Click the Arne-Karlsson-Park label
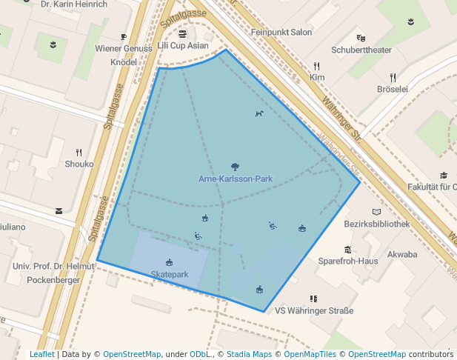click(x=236, y=179)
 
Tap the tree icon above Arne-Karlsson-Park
click(x=236, y=167)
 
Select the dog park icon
click(x=258, y=113)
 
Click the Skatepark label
click(x=170, y=274)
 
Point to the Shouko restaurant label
click(x=79, y=164)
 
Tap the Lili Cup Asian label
click(x=183, y=45)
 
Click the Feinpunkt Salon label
click(x=281, y=33)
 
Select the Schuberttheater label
click(x=361, y=50)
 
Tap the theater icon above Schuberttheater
click(x=361, y=38)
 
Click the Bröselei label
click(x=393, y=89)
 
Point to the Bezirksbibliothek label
click(x=377, y=224)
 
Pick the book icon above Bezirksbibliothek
click(x=377, y=212)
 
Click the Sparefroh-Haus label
click(x=347, y=261)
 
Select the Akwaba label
click(x=402, y=254)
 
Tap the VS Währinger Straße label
click(x=314, y=310)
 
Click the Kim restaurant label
click(x=317, y=77)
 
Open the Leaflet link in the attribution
click(x=41, y=354)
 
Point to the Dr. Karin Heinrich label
click(x=74, y=4)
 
